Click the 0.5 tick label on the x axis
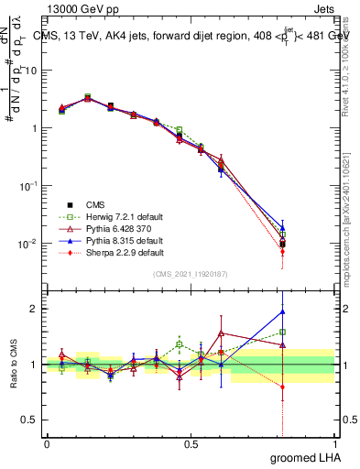click(190, 443)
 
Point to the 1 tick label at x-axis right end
click(334, 443)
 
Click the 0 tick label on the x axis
click(46, 443)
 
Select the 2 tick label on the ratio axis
click(32, 309)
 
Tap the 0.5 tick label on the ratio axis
click(28, 420)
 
